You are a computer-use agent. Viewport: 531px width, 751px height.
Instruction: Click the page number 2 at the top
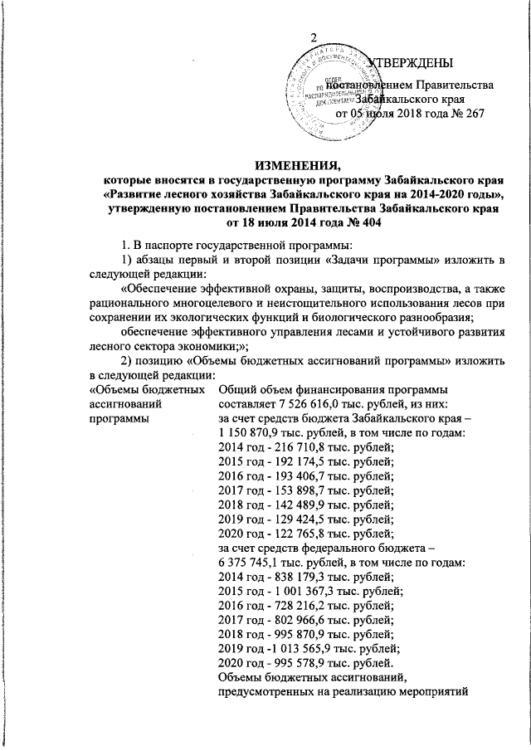pyautogui.click(x=314, y=37)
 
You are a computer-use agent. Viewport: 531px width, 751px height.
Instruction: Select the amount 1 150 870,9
pyautogui.click(x=251, y=433)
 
